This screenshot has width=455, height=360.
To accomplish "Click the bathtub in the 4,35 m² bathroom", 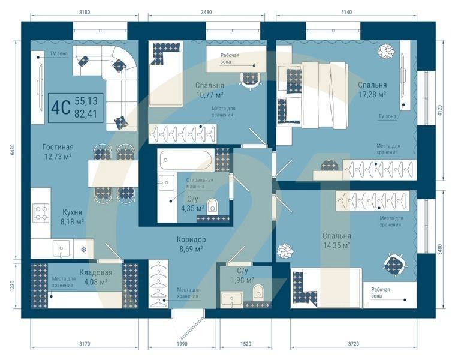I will tap(185, 160).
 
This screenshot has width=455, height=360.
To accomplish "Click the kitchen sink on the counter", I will tap(61, 248).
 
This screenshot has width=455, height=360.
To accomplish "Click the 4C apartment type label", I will tap(59, 107).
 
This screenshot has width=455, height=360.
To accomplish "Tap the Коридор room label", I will tap(191, 239).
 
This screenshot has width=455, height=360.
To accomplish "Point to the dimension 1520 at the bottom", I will tap(245, 344).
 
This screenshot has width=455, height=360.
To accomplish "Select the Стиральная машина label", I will tap(199, 183).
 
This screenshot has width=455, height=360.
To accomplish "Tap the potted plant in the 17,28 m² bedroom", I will tap(384, 51).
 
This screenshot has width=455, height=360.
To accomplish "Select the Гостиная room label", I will tap(58, 147).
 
